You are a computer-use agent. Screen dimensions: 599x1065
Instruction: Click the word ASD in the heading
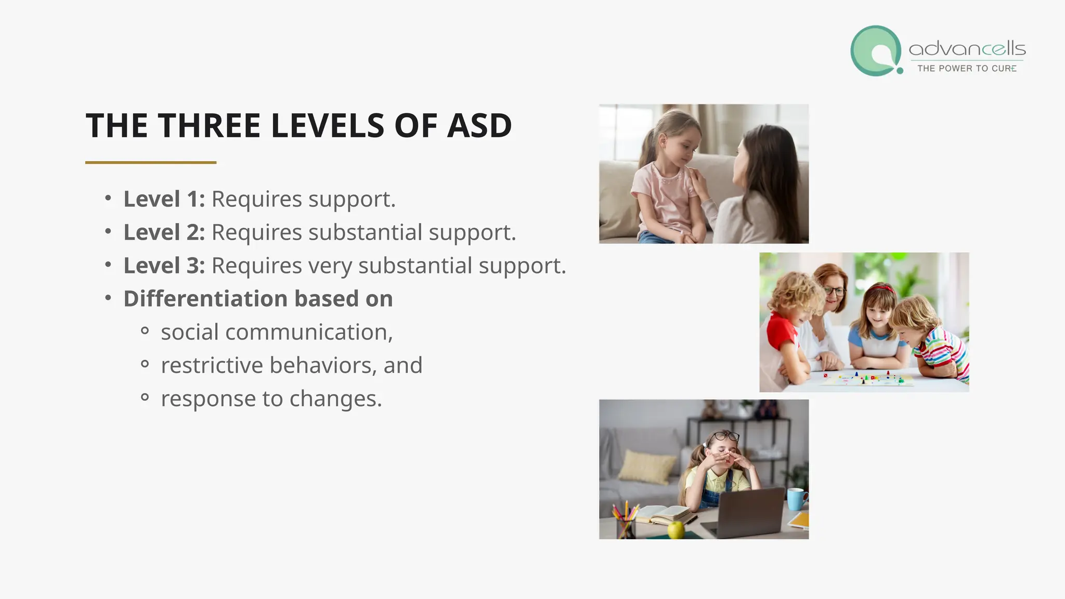(x=479, y=126)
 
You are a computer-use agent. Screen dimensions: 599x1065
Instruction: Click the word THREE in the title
(x=209, y=126)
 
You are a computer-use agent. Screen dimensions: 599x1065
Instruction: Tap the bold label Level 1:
(x=164, y=199)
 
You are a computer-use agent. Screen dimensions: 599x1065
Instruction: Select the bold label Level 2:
(x=164, y=232)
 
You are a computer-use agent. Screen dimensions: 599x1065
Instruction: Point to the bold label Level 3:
(x=164, y=266)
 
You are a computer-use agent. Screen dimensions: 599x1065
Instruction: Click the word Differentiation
(x=205, y=299)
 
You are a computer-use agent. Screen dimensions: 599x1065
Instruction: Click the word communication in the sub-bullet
(x=309, y=332)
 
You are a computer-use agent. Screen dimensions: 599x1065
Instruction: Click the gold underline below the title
(x=151, y=163)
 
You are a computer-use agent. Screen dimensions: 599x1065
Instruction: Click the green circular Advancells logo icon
(x=876, y=51)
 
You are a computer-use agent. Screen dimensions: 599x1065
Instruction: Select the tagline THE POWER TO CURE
(x=967, y=69)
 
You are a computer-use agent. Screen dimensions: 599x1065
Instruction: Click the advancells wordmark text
(x=967, y=49)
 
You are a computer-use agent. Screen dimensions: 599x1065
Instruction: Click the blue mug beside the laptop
(x=796, y=499)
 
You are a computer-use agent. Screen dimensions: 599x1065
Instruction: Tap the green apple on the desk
(x=676, y=530)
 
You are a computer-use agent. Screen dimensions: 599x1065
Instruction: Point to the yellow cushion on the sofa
(x=647, y=466)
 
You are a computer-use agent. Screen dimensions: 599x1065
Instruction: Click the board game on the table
(x=866, y=379)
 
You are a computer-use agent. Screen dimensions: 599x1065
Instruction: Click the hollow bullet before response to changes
(x=145, y=398)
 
